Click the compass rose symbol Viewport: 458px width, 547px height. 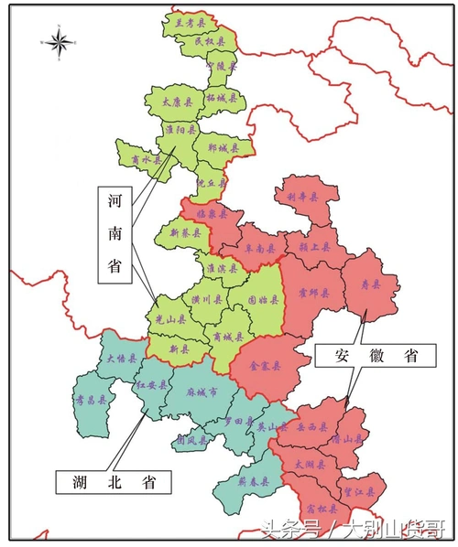[60, 41]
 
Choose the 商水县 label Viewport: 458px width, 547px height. [146, 159]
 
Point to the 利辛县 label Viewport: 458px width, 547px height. [302, 197]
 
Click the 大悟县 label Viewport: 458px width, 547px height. [122, 359]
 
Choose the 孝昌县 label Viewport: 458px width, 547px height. [91, 400]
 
